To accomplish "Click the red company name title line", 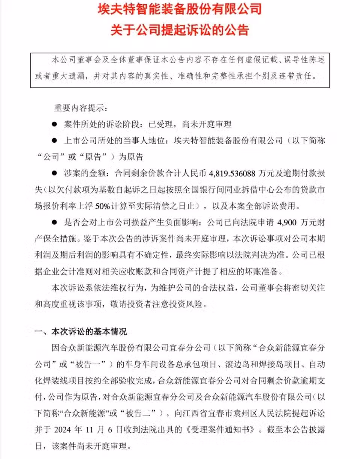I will click(180, 9).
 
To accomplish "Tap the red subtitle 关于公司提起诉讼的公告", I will click(180, 30).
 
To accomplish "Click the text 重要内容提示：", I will click(80, 108).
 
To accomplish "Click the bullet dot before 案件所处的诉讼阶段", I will click(54, 124).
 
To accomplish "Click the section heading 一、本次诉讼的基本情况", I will click(81, 332).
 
